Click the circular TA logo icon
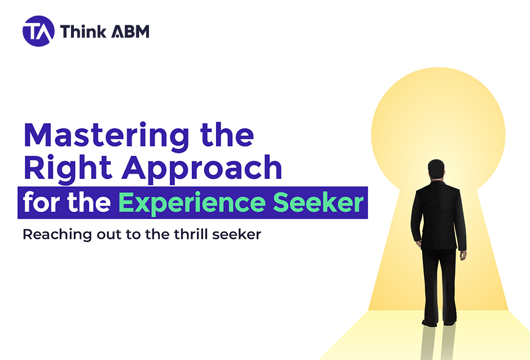[x=38, y=31]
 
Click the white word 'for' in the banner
[x=40, y=202]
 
